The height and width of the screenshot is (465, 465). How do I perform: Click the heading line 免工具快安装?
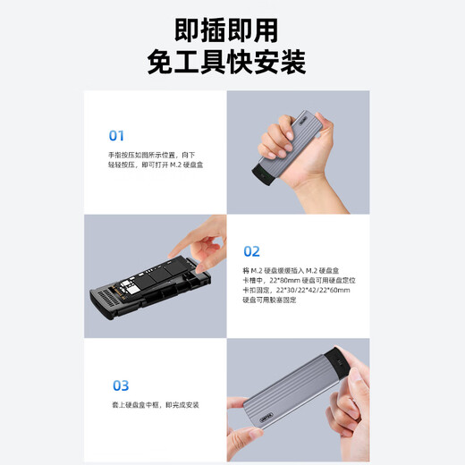tap(232, 63)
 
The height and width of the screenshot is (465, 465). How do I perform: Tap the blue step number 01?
tap(116, 136)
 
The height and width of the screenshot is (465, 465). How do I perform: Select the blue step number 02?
tap(251, 251)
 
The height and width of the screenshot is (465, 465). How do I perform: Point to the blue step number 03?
tap(120, 385)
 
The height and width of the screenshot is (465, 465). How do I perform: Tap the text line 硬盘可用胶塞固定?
tap(269, 300)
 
